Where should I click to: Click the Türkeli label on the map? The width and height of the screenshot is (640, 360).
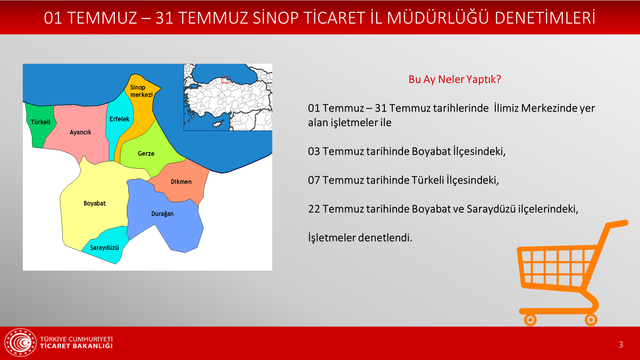click(x=40, y=122)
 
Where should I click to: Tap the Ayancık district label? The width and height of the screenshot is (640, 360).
click(x=80, y=132)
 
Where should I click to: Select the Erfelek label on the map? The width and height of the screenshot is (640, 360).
click(x=120, y=119)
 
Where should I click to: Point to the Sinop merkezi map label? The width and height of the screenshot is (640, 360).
click(x=142, y=91)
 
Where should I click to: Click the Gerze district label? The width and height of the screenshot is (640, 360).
click(x=146, y=154)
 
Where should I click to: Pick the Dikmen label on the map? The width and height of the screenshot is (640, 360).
click(x=181, y=182)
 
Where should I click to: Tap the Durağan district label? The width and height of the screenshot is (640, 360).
click(x=162, y=214)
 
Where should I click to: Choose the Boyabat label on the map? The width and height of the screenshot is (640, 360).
click(x=94, y=204)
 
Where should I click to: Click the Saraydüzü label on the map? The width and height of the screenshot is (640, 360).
click(x=104, y=248)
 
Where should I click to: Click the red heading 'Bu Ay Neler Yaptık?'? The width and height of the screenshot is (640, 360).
click(x=454, y=80)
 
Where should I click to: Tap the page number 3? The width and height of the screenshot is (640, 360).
click(x=621, y=344)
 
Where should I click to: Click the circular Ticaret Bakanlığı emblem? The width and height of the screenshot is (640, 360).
click(x=20, y=342)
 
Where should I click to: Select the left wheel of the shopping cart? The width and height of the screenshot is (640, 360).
click(x=530, y=320)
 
